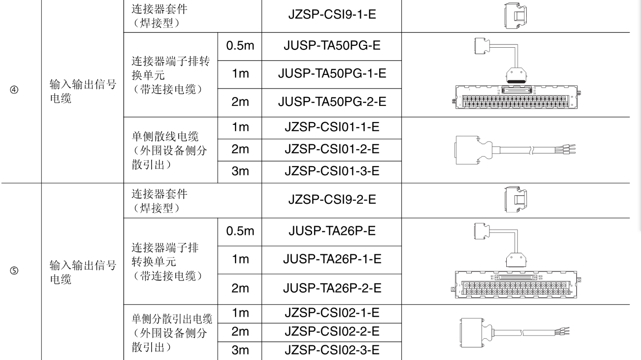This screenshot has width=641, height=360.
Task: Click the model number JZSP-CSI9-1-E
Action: [x=332, y=16]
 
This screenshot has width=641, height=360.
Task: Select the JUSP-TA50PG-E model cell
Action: [x=332, y=46]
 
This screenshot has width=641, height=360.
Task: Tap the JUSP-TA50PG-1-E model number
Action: [x=332, y=74]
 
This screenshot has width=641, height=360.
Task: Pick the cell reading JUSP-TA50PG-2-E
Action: [x=332, y=102]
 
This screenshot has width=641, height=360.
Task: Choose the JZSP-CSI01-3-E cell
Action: [x=332, y=172]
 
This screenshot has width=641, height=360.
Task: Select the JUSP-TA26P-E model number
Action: [x=332, y=231]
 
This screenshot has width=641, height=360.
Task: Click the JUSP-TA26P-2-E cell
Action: [x=332, y=287]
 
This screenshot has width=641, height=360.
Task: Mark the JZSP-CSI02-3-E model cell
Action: [x=332, y=350]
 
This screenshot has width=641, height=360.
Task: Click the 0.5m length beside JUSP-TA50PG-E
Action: [x=240, y=46]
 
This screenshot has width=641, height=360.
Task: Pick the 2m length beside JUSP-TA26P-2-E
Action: [x=240, y=288]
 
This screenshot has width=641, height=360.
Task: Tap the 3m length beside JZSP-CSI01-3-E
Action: [x=240, y=172]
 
